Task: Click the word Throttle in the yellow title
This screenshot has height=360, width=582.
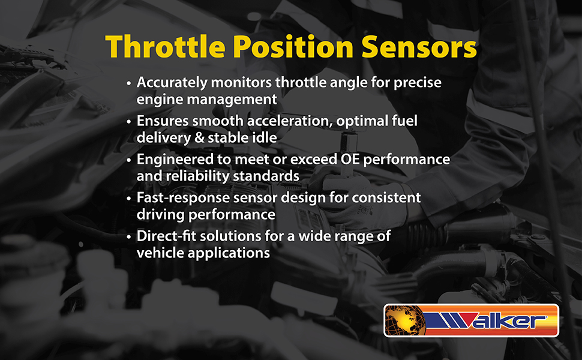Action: (x=166, y=47)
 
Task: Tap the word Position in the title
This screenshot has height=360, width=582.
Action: (x=293, y=47)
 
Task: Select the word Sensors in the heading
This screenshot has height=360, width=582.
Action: (x=419, y=47)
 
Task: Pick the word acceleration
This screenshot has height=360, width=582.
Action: (x=290, y=121)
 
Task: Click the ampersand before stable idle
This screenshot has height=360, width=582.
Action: (x=199, y=137)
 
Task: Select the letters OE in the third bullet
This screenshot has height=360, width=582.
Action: (x=350, y=159)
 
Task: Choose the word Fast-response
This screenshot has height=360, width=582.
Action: (x=183, y=198)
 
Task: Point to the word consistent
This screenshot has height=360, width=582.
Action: (x=386, y=198)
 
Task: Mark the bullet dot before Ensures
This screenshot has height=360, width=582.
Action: (x=129, y=122)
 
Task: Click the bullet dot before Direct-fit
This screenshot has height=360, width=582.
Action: (x=129, y=237)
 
